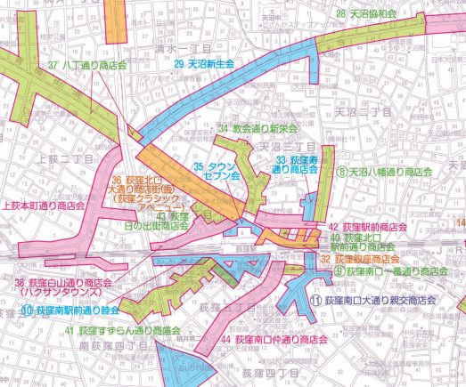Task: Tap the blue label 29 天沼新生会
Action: [x=203, y=65]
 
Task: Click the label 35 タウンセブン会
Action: [x=218, y=172]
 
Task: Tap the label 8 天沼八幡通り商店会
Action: [x=384, y=171]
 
